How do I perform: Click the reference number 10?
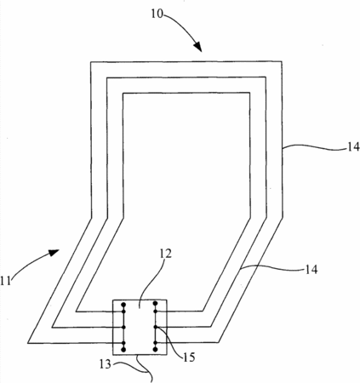click(157, 14)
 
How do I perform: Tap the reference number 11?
click(5, 281)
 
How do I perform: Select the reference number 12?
click(166, 254)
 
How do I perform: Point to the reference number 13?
click(106, 364)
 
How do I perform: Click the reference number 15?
click(189, 357)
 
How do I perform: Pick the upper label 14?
click(353, 147)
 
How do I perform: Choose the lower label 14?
click(311, 269)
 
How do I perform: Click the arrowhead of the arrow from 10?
click(198, 47)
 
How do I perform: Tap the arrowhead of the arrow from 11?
click(53, 252)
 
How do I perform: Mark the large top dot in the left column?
click(123, 305)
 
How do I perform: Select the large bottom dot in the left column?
click(123, 349)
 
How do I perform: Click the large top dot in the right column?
click(155, 304)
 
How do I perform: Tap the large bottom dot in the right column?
click(155, 349)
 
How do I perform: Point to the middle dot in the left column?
click(123, 327)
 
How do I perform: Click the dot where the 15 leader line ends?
click(156, 327)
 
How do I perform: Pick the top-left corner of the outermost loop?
click(91, 62)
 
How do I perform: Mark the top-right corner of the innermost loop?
click(249, 93)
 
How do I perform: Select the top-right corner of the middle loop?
click(266, 77)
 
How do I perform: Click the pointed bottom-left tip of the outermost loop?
click(28, 343)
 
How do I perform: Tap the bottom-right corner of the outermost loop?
click(219, 343)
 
